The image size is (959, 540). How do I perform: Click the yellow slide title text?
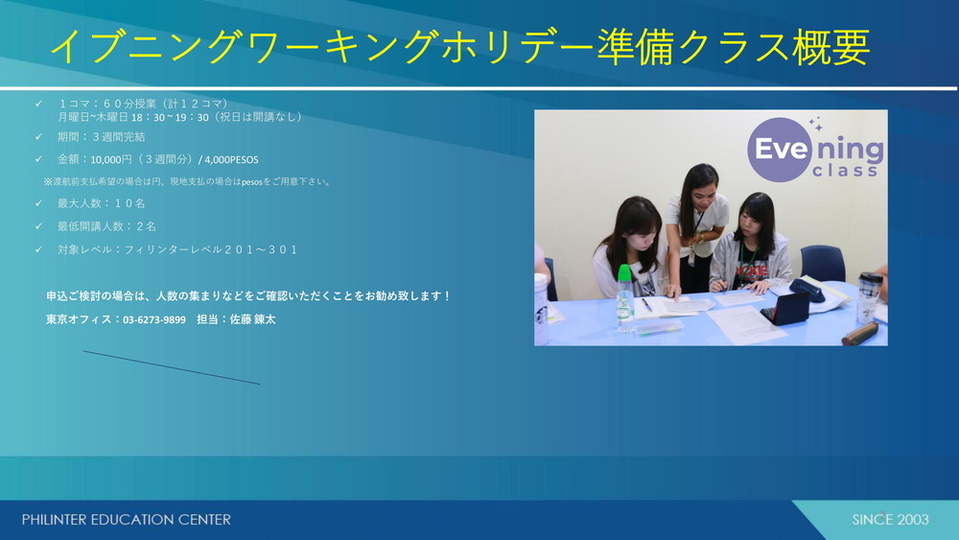[x=459, y=47]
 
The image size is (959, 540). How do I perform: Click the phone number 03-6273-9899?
[x=154, y=319]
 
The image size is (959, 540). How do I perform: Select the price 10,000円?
[x=111, y=159]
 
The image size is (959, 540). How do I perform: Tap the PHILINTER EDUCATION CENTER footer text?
[x=127, y=520]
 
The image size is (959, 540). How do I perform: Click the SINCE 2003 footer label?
[x=891, y=520]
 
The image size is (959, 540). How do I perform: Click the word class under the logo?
[x=845, y=171]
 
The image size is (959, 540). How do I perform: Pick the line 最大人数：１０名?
[x=102, y=203]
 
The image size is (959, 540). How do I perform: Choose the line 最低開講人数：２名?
[x=107, y=226]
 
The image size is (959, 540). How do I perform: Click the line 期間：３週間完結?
[x=102, y=137]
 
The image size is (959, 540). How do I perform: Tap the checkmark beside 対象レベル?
[x=38, y=249]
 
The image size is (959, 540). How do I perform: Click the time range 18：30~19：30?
[x=170, y=117]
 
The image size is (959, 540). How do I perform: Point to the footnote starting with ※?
[x=187, y=181]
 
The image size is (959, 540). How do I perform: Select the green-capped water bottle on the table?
[x=624, y=298]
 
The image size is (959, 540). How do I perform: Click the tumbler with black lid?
[x=870, y=297]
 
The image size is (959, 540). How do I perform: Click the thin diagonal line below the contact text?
[x=172, y=367]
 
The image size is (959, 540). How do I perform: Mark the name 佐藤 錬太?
[x=252, y=319]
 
